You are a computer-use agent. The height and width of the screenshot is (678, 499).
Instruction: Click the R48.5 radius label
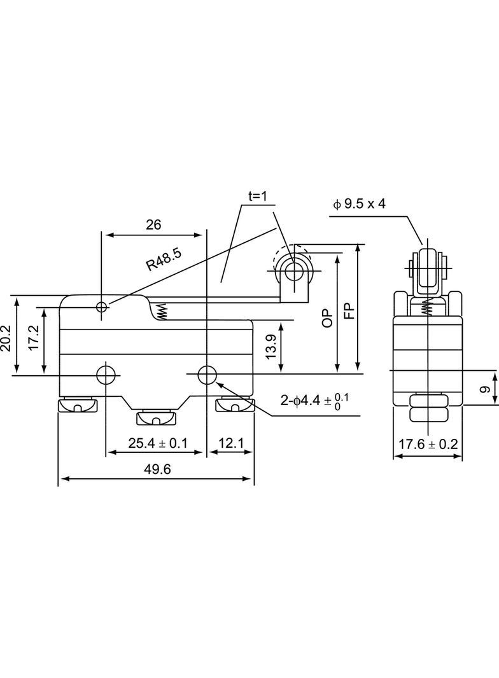[163, 259]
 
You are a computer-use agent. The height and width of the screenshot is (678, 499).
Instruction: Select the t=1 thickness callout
[258, 197]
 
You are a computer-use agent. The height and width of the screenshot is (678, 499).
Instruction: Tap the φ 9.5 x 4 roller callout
[359, 204]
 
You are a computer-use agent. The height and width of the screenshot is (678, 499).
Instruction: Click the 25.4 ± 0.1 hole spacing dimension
[158, 443]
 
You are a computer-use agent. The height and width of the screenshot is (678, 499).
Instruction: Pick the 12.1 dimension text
[230, 443]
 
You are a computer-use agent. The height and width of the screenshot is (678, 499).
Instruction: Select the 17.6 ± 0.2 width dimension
[428, 444]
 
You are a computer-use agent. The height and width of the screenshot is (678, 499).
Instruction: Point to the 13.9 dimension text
[271, 346]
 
